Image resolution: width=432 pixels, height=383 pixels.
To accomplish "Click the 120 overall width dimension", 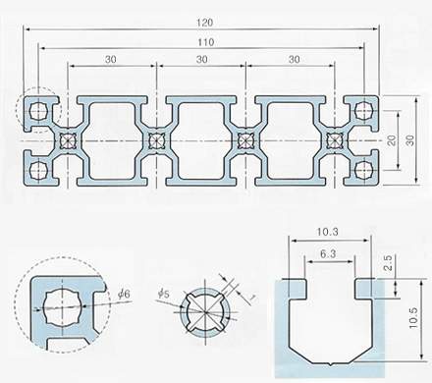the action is tap(205, 23).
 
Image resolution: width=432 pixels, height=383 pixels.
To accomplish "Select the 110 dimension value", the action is tap(206, 42).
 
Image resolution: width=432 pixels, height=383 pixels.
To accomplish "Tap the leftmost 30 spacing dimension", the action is tap(111, 60).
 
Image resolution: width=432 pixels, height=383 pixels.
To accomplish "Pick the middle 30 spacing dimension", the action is tap(202, 60).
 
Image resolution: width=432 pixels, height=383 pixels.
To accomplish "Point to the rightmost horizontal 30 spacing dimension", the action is tap(295, 60).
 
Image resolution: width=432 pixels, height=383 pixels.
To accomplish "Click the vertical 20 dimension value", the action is tap(392, 140).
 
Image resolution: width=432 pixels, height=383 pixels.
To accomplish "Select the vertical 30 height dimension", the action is tap(410, 140).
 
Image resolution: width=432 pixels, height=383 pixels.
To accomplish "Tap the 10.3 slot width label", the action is tap(328, 232).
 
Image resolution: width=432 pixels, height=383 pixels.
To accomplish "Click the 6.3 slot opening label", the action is tap(328, 253).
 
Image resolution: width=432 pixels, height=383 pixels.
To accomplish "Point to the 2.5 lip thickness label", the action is tap(388, 262).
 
